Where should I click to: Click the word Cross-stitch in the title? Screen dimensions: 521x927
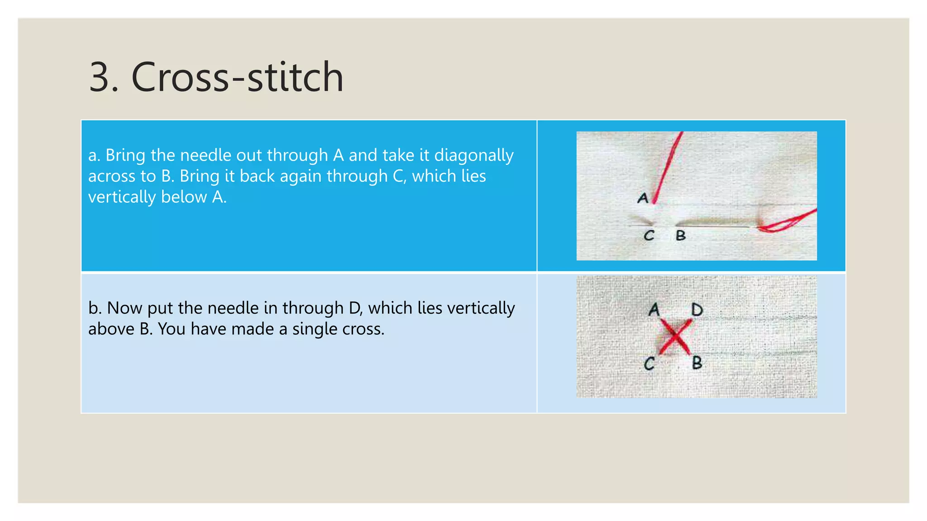(x=237, y=77)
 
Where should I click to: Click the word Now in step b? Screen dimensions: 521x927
(x=125, y=308)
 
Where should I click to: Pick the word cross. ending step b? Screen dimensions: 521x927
(x=363, y=329)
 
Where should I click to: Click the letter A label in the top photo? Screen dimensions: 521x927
(x=643, y=198)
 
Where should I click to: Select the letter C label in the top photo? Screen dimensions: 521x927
(x=649, y=236)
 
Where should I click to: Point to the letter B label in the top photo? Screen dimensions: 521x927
(x=681, y=236)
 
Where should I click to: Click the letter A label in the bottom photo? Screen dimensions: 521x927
(x=654, y=310)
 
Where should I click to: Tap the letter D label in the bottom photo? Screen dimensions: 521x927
(x=697, y=310)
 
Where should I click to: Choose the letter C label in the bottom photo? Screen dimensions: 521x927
(x=650, y=364)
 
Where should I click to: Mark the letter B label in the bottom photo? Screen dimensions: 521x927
(x=697, y=363)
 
